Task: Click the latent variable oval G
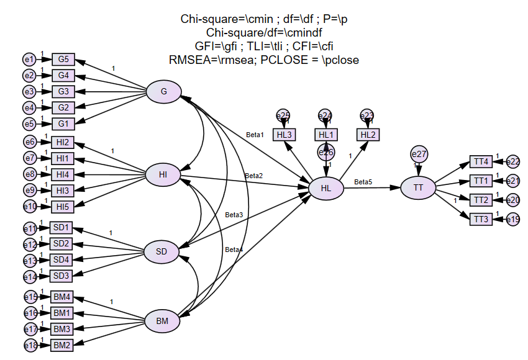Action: pyautogui.click(x=163, y=92)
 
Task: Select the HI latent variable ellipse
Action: pyautogui.click(x=163, y=175)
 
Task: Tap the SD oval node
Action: pyautogui.click(x=162, y=252)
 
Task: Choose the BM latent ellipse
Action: pyautogui.click(x=162, y=321)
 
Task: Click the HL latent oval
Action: pyautogui.click(x=325, y=188)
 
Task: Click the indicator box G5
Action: pyautogui.click(x=63, y=60)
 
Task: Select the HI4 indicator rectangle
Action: pyautogui.click(x=63, y=174)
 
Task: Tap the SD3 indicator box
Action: pyautogui.click(x=61, y=276)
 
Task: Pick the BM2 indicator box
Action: pyautogui.click(x=61, y=344)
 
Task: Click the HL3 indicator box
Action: pyautogui.click(x=284, y=135)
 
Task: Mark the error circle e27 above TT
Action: pyautogui.click(x=419, y=153)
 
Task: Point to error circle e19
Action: pyautogui.click(x=513, y=218)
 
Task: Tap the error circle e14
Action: pyautogui.click(x=30, y=277)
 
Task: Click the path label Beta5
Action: pyautogui.click(x=363, y=182)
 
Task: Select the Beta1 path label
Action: pyautogui.click(x=255, y=135)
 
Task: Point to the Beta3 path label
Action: pyautogui.click(x=234, y=215)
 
